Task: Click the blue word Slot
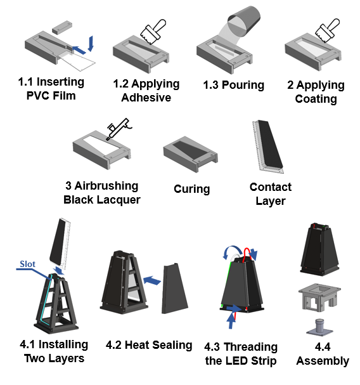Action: pos(27,264)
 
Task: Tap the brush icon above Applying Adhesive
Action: pos(153,32)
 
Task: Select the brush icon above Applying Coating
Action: pos(327,30)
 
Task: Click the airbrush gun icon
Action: pos(119,129)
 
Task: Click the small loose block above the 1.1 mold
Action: pos(62,27)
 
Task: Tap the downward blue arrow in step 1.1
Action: pos(91,44)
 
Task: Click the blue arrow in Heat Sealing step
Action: pos(152,280)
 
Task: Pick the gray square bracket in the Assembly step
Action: pos(319,297)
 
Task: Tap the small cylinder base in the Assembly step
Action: pos(319,327)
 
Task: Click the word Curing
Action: pos(191,189)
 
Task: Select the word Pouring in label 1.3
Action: pos(243,85)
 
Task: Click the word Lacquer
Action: pos(120,200)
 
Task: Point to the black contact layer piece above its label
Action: pos(270,144)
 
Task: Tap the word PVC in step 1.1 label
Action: pos(37,96)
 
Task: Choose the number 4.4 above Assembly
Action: pos(322,347)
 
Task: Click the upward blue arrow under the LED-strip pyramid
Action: pos(231,320)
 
